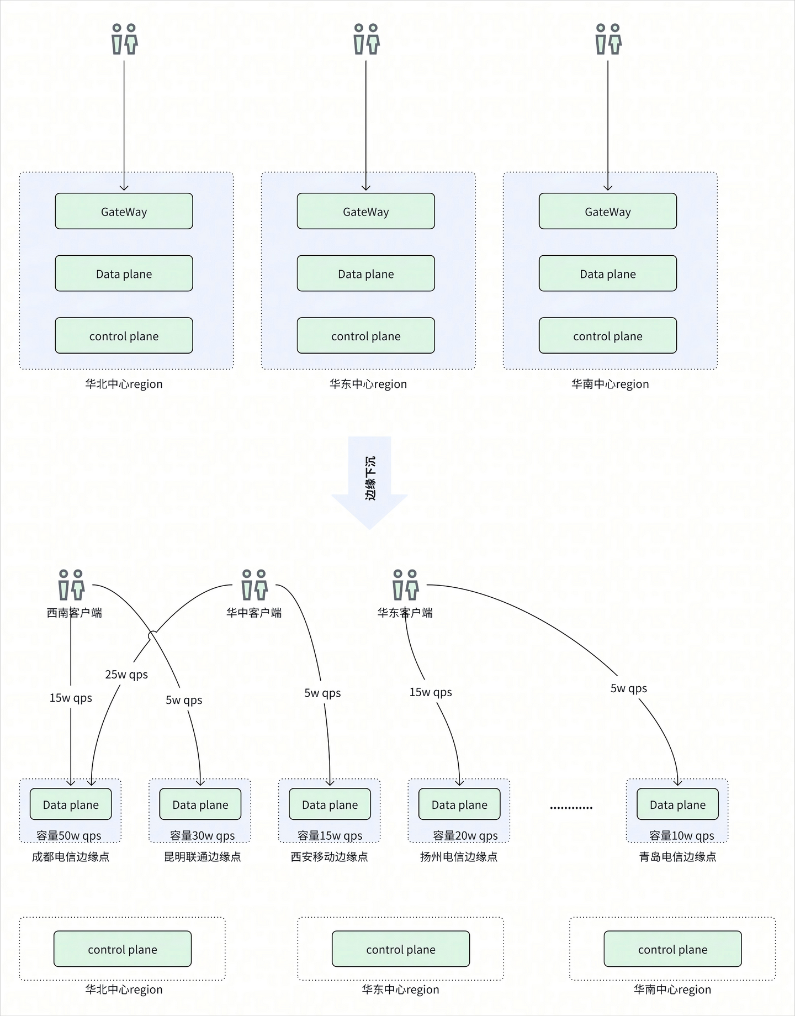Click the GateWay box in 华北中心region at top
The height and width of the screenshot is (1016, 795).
pyautogui.click(x=124, y=212)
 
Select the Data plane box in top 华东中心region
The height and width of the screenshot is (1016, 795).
pyautogui.click(x=365, y=273)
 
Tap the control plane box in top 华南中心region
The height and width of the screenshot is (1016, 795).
pyautogui.click(x=607, y=336)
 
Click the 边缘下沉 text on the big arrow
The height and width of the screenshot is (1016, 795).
pyautogui.click(x=370, y=478)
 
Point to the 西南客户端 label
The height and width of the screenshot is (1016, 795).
pyautogui.click(x=75, y=613)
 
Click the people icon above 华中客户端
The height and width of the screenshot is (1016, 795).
pyautogui.click(x=255, y=585)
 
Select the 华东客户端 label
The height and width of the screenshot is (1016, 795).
pyautogui.click(x=405, y=613)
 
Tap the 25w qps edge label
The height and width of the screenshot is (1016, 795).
pyautogui.click(x=126, y=675)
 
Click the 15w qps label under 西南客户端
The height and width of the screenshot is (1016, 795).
pyautogui.click(x=71, y=698)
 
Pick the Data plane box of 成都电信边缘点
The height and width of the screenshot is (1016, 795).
pyautogui.click(x=71, y=805)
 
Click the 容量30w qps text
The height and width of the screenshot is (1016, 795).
pyautogui.click(x=203, y=836)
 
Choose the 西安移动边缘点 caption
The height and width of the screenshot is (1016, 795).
pyautogui.click(x=329, y=857)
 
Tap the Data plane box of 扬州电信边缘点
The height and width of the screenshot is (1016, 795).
pyautogui.click(x=459, y=805)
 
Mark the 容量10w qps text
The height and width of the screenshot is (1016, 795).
pyautogui.click(x=682, y=836)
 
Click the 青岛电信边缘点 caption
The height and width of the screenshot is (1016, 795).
pyautogui.click(x=677, y=857)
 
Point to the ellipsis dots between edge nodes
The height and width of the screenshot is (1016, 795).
pyautogui.click(x=571, y=808)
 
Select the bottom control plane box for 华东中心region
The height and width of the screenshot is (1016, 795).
pyautogui.click(x=401, y=949)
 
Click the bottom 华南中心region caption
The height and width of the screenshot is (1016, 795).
pyautogui.click(x=672, y=989)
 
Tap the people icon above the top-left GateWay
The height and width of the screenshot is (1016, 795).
pyautogui.click(x=124, y=39)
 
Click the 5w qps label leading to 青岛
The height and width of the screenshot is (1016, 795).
pyautogui.click(x=628, y=688)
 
